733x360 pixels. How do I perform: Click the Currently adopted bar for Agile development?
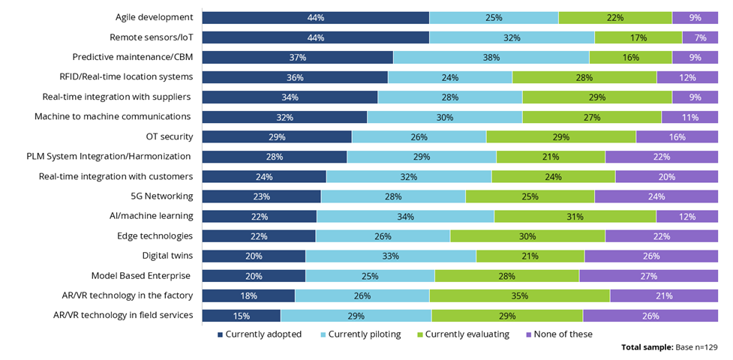tap(315, 17)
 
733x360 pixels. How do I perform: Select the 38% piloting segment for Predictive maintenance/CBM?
tap(491, 57)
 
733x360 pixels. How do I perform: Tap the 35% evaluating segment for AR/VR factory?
tap(519, 295)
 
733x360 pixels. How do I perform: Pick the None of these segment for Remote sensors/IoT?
tap(700, 37)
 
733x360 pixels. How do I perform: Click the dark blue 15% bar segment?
tap(241, 315)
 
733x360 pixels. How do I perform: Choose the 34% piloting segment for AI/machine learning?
tap(405, 216)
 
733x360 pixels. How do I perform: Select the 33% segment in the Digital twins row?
tap(390, 256)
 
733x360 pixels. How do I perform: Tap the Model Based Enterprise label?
tap(140, 275)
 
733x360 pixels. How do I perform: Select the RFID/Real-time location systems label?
tap(126, 76)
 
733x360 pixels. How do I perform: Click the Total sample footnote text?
tap(670, 348)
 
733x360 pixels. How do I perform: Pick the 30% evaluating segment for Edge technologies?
tap(527, 235)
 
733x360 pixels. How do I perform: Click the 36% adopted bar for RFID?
tap(294, 76)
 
